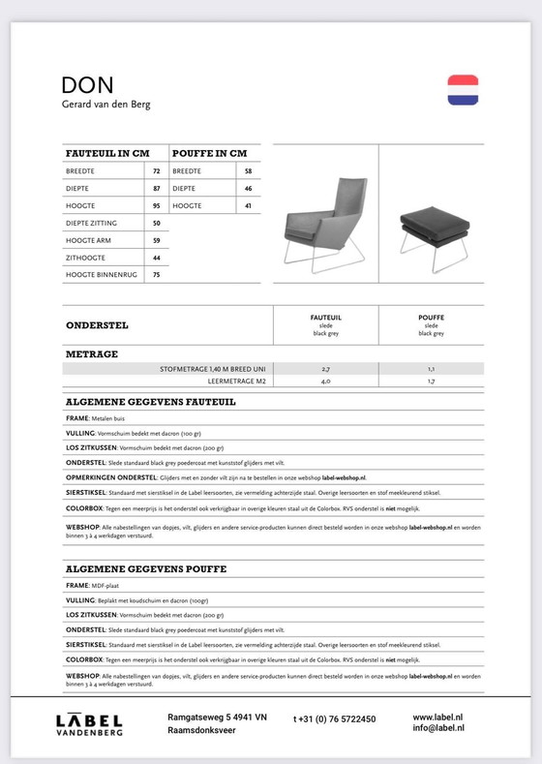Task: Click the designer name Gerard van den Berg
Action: (x=105, y=105)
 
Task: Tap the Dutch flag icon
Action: (x=463, y=89)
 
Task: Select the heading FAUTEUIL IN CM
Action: (x=106, y=153)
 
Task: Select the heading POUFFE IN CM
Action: (x=209, y=153)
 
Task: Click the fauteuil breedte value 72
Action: (x=156, y=170)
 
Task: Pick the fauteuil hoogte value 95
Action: (x=156, y=205)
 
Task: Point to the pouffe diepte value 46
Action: (x=248, y=188)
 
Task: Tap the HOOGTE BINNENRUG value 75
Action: (x=156, y=275)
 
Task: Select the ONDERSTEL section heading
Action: (x=97, y=325)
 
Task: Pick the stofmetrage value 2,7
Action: (x=325, y=369)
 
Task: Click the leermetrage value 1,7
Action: (x=431, y=382)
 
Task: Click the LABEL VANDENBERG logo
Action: (x=88, y=724)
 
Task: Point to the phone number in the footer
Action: (x=334, y=719)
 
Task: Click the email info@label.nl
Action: (x=437, y=727)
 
